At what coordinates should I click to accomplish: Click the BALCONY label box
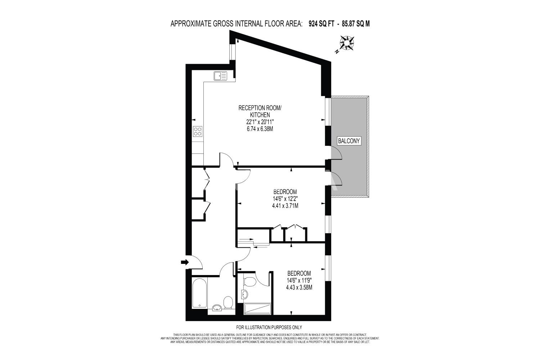click(x=349, y=141)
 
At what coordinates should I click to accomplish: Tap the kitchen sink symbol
click(x=220, y=76)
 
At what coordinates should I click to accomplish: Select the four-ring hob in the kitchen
click(x=198, y=131)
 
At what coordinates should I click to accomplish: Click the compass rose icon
click(x=347, y=43)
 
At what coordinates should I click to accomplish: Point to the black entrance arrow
click(x=185, y=262)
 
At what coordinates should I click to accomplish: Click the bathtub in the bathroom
click(x=199, y=293)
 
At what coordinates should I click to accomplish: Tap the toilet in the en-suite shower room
click(x=250, y=282)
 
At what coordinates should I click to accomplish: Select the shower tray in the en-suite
click(x=257, y=309)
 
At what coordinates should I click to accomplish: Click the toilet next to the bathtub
click(x=228, y=302)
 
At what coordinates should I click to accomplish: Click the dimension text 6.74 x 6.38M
click(x=260, y=129)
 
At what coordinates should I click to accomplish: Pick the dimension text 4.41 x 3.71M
click(x=285, y=206)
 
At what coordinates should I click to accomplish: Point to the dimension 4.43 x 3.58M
click(x=299, y=287)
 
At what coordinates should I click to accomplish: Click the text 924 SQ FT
click(x=321, y=24)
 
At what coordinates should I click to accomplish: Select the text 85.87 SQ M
click(x=356, y=24)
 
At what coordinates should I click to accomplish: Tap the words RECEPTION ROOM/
click(x=260, y=108)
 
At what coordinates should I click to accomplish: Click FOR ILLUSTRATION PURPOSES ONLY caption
click(x=269, y=328)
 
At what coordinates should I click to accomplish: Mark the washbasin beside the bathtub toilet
click(x=217, y=308)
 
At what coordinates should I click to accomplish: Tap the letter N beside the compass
click(x=337, y=51)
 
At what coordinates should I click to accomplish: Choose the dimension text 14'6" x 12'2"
click(x=285, y=199)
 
